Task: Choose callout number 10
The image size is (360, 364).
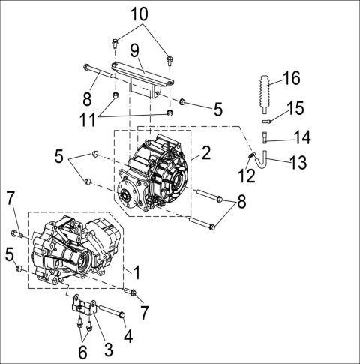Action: (x=139, y=13)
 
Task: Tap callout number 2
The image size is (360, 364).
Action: (x=205, y=154)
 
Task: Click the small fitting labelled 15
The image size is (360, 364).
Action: (x=268, y=119)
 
